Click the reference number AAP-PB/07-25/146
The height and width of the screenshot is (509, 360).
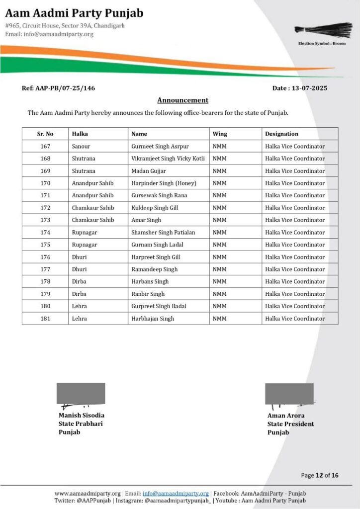(58, 88)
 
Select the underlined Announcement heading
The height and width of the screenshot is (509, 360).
(182, 100)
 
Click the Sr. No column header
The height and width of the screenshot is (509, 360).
(45, 134)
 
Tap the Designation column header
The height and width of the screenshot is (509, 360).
(281, 134)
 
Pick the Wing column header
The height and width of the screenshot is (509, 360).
(220, 134)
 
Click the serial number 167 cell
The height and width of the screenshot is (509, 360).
(45, 146)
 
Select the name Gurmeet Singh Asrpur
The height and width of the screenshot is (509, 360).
(160, 146)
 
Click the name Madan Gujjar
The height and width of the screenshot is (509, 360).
(149, 171)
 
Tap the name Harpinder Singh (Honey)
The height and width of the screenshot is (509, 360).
(164, 183)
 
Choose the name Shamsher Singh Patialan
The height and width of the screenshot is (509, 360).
(163, 232)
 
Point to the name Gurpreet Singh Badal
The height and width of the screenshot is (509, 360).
(159, 306)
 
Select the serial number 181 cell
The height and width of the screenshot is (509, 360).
(45, 319)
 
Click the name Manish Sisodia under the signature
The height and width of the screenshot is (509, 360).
(82, 415)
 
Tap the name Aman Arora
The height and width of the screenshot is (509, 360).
(286, 415)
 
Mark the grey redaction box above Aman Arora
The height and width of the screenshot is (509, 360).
(289, 393)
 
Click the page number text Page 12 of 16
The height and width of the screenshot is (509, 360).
(320, 475)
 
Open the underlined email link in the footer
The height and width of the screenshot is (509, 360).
(176, 493)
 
